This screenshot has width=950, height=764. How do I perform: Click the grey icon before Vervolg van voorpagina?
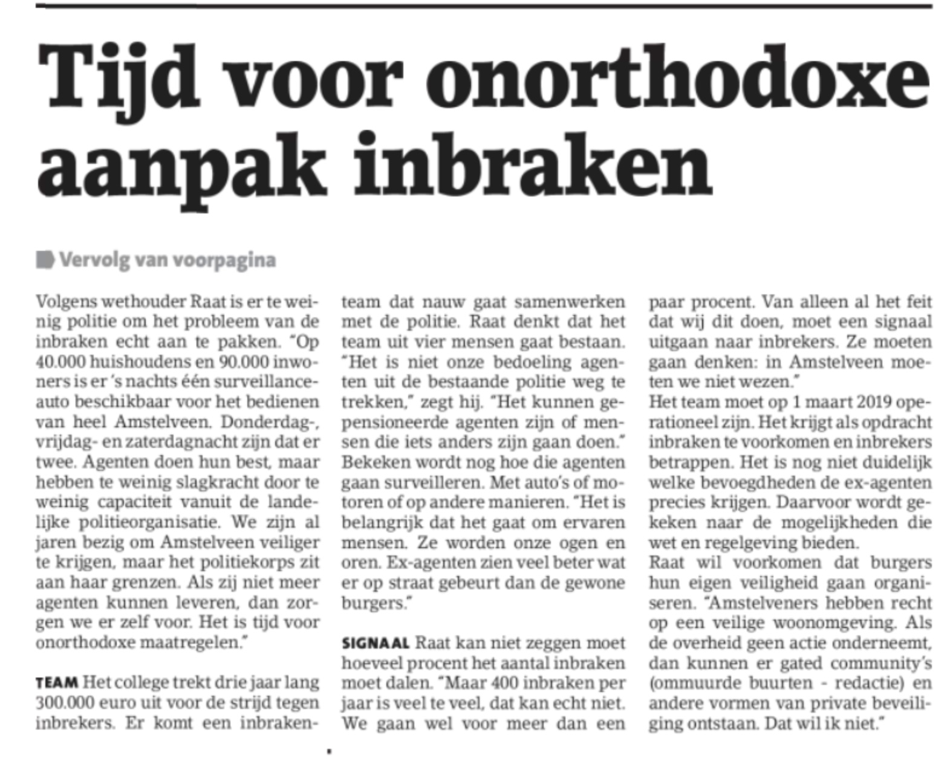pos(45,260)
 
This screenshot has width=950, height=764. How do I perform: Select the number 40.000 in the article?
pos(60,361)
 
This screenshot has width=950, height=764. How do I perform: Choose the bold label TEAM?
pos(57,683)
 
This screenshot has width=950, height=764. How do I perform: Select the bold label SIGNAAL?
pos(375,643)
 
